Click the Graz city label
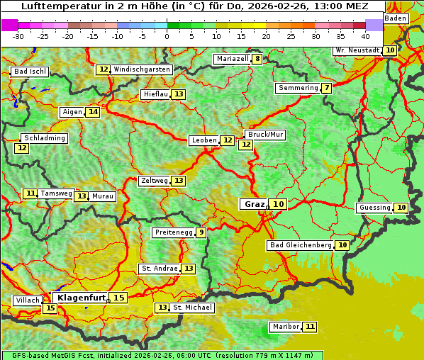click(x=253, y=204)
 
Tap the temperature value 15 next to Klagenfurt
click(x=118, y=298)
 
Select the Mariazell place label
click(x=232, y=59)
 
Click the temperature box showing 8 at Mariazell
click(x=257, y=59)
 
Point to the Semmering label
click(x=298, y=88)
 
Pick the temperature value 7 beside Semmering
click(x=326, y=88)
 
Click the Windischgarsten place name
click(x=142, y=69)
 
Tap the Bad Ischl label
click(x=30, y=72)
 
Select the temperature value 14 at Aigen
click(x=93, y=112)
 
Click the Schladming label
click(x=44, y=138)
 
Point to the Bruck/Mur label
click(x=264, y=135)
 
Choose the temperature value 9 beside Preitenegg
click(x=201, y=232)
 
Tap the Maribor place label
click(x=286, y=327)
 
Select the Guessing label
click(x=374, y=208)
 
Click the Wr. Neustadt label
click(x=357, y=50)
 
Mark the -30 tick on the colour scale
click(x=18, y=35)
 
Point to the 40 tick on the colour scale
click(x=365, y=35)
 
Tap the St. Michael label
click(x=192, y=308)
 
